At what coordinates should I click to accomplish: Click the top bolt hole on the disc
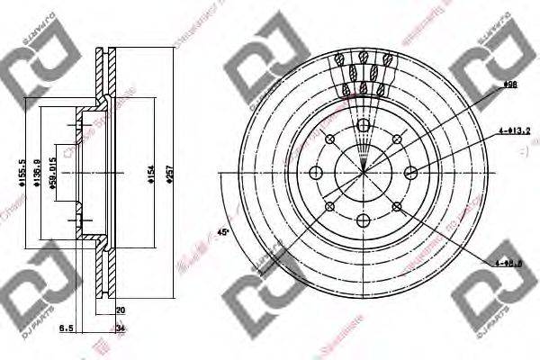point(363,125)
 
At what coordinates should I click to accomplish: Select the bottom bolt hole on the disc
point(363,220)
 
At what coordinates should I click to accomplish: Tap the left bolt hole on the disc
point(315,172)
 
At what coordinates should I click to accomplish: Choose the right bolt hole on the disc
point(410,172)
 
